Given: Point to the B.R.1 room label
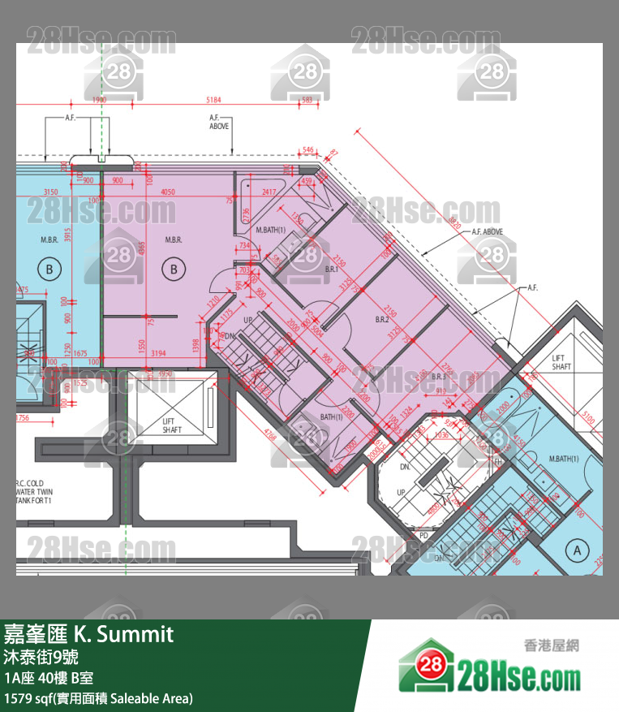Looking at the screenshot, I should pyautogui.click(x=331, y=268).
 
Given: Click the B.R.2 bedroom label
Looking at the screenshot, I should pyautogui.click(x=382, y=320).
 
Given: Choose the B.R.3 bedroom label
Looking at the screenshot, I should pyautogui.click(x=439, y=377).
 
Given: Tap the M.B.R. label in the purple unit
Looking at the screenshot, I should pyautogui.click(x=173, y=239).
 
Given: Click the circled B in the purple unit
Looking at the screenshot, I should pyautogui.click(x=173, y=269).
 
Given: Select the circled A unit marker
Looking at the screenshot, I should pyautogui.click(x=578, y=550).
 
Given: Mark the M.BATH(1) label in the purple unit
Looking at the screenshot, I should pyautogui.click(x=271, y=231).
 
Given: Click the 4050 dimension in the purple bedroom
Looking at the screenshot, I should pyautogui.click(x=168, y=192).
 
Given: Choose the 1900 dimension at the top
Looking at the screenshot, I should pyautogui.click(x=99, y=100).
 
